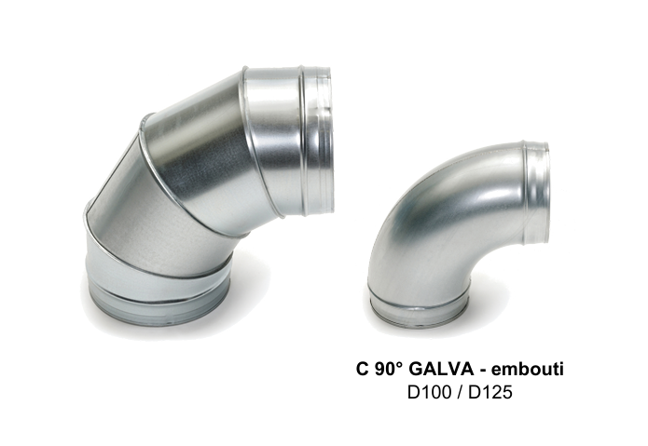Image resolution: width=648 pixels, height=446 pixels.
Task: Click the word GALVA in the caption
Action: pyautogui.click(x=441, y=370)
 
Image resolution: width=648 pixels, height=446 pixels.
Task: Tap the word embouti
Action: pyautogui.click(x=528, y=370)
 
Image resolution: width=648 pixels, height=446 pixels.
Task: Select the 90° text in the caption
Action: pyautogui.click(x=388, y=370)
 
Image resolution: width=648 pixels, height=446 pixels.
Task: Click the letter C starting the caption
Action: pyautogui.click(x=362, y=370)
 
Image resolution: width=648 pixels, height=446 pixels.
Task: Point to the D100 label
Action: pyautogui.click(x=429, y=392)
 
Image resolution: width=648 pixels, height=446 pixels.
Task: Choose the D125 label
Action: pyautogui.click(x=490, y=392)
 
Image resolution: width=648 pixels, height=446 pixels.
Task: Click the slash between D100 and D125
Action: pyautogui.click(x=460, y=392)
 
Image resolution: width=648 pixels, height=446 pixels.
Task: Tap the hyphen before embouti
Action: pyautogui.click(x=482, y=371)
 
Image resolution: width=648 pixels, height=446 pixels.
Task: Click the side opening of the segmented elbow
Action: pyautogui.click(x=324, y=141)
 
